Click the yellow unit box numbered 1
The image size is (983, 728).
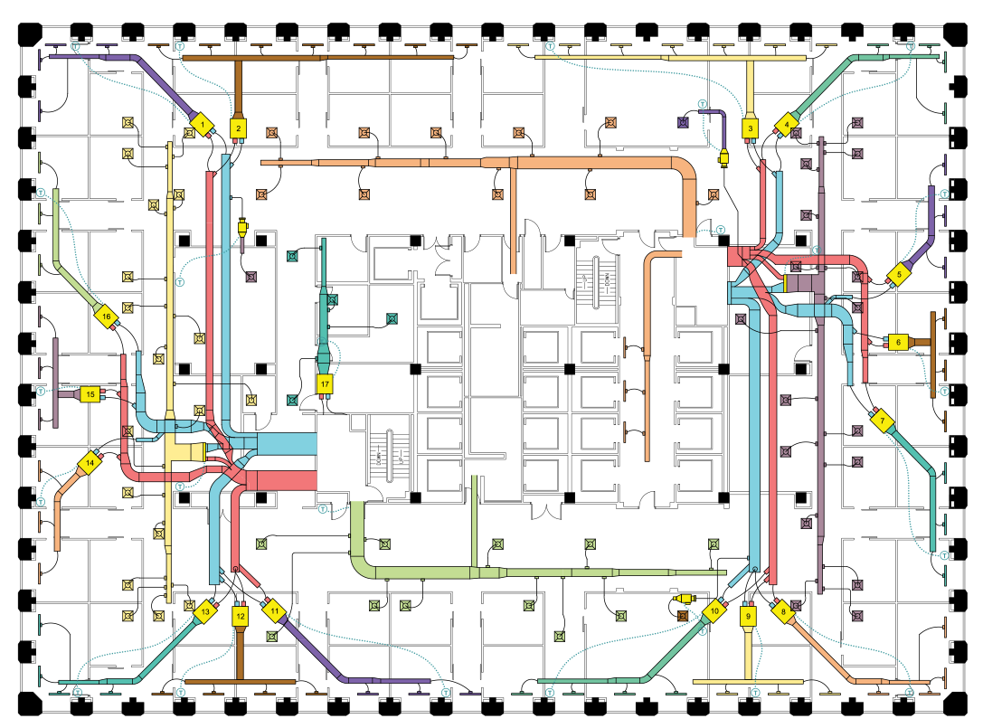point(203,122)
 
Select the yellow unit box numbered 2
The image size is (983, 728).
point(238,128)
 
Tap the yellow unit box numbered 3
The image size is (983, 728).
point(751,129)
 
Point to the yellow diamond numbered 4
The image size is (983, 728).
point(788,122)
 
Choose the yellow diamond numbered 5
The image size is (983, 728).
point(900,274)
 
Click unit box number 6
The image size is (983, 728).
point(898,342)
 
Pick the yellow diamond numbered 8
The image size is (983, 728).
point(783,611)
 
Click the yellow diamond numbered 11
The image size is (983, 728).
point(274,611)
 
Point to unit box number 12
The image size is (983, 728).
point(240,616)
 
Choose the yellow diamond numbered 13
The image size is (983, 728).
point(205,612)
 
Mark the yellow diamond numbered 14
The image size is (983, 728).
point(90,463)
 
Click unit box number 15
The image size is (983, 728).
point(90,394)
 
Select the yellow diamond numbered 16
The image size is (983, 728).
point(106,317)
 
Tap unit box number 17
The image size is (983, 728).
point(326,384)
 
